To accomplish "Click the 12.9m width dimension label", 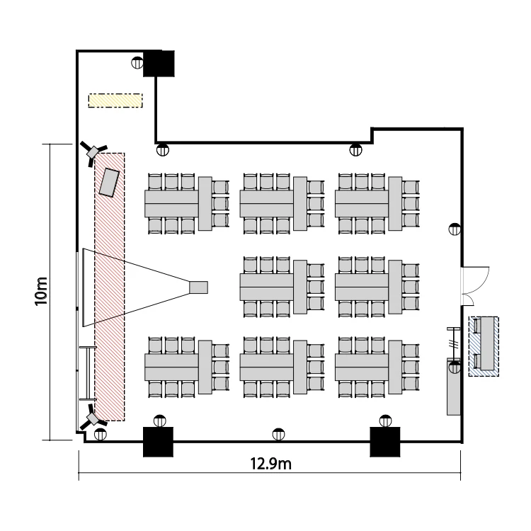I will (271, 464).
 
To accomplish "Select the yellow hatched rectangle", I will (115, 101).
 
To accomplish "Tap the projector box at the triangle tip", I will (199, 287).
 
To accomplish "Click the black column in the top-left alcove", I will (159, 64).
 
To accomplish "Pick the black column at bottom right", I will (386, 442).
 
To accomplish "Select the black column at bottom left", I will (159, 442).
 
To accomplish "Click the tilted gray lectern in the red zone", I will (110, 182).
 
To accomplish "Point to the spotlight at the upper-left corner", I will (93, 152).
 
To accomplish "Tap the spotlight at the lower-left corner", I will (93, 419).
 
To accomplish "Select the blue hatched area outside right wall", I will (484, 346).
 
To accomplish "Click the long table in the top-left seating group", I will (171, 204).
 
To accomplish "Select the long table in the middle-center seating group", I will (266, 287).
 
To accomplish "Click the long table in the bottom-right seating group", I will (361, 367).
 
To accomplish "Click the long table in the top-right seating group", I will (361, 204).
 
